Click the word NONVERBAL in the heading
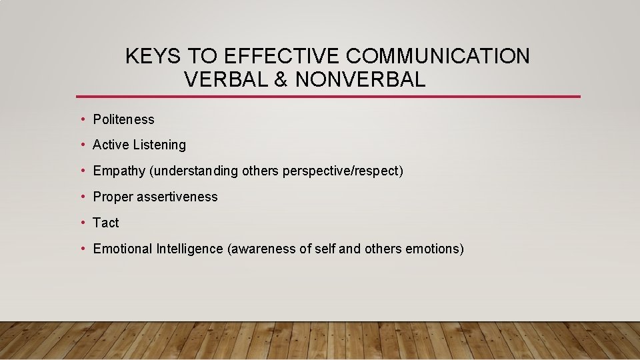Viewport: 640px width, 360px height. [360, 80]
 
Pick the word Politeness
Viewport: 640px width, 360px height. [123, 120]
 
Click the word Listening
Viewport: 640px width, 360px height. [159, 145]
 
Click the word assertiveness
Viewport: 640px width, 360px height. [177, 197]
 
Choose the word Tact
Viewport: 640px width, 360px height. [106, 223]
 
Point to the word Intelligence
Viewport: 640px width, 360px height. [190, 249]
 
